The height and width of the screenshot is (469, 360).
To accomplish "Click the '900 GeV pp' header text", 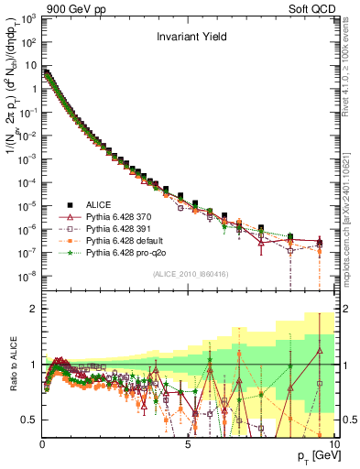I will click(x=69, y=7).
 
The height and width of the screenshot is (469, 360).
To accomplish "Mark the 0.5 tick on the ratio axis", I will click(x=29, y=420).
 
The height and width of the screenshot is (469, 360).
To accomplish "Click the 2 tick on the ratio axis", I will click(x=34, y=309).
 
